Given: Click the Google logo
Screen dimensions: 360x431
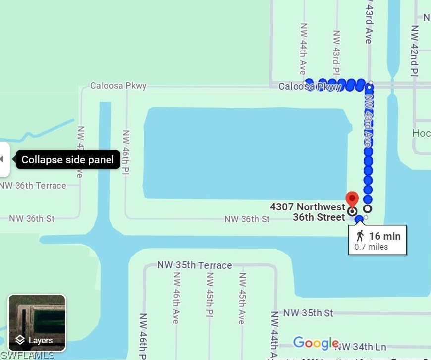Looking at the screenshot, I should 316,343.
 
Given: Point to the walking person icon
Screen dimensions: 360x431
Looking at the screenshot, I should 360,236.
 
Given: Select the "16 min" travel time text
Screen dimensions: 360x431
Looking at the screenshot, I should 384,236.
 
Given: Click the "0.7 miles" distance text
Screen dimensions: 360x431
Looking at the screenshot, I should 371,247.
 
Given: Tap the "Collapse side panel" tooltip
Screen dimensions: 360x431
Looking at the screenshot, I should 68,159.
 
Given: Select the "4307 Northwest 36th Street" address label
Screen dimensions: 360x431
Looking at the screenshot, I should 308,212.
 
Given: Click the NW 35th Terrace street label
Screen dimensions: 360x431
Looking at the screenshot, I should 195,265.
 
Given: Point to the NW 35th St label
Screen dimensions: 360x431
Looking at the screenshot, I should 308,313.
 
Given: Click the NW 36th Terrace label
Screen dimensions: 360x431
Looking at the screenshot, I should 33,186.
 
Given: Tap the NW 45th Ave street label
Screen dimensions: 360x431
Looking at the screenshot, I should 242,298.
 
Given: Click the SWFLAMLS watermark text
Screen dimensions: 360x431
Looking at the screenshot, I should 27,355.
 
